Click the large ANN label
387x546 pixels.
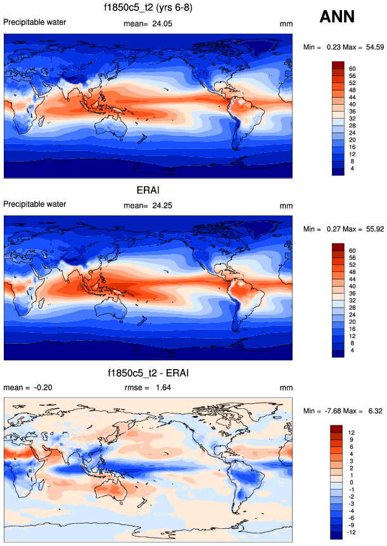(341, 17)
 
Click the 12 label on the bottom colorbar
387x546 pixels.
(352, 432)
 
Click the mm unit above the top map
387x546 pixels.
(285, 24)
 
